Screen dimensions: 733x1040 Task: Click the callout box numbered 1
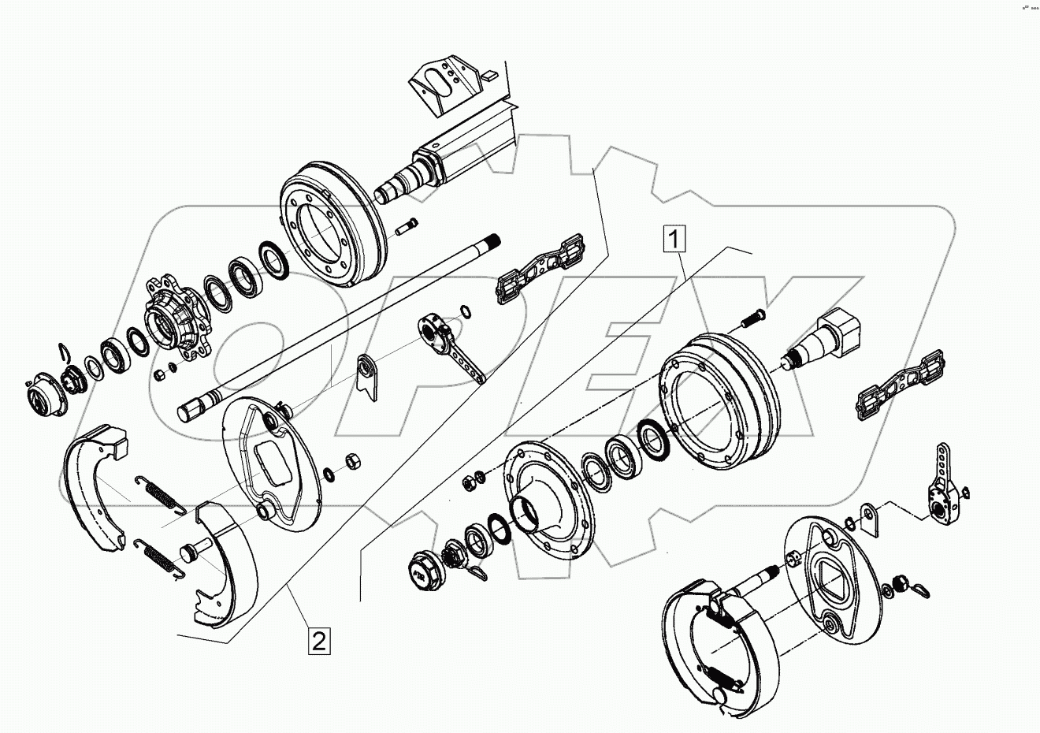(677, 236)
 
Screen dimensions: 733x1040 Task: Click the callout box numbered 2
(318, 640)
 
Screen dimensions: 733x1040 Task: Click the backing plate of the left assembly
(268, 465)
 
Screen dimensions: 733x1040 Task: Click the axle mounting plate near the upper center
(540, 268)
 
